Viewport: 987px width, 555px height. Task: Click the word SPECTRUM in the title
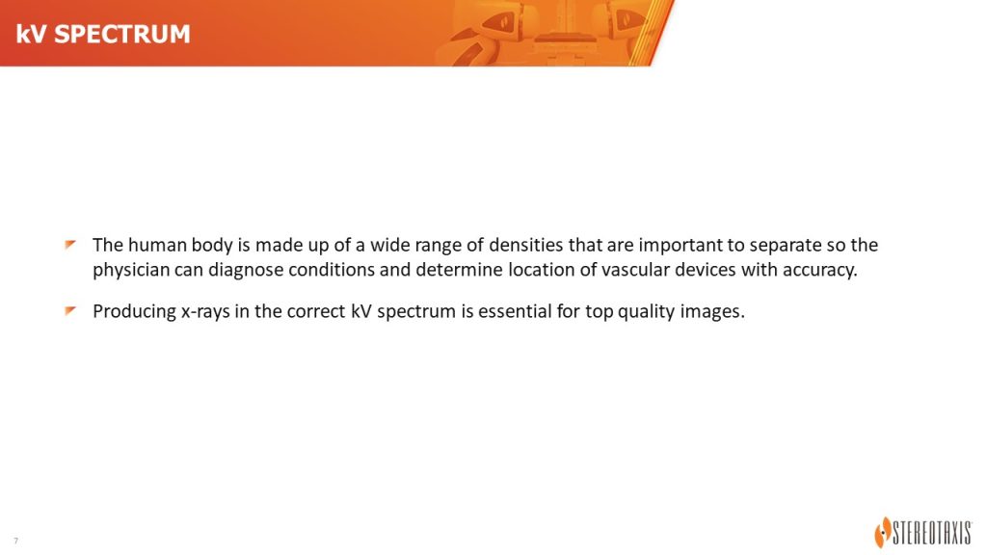click(x=122, y=34)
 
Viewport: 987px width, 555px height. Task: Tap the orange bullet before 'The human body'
click(x=69, y=244)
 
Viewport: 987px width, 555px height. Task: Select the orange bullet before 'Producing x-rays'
click(x=69, y=311)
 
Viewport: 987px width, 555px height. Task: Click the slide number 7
click(x=15, y=541)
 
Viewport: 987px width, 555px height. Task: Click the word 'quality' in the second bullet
click(x=648, y=312)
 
